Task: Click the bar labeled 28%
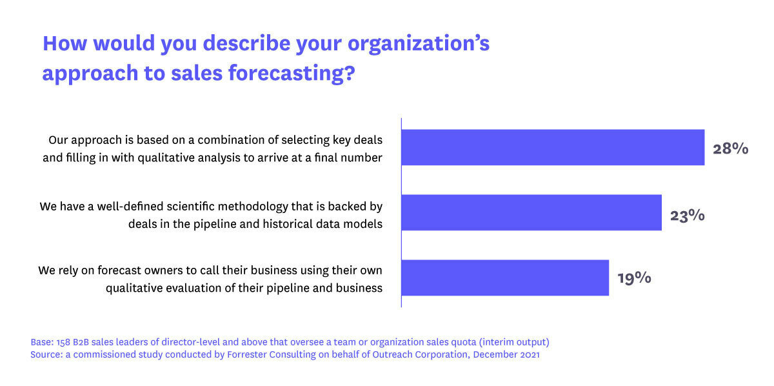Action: pyautogui.click(x=553, y=147)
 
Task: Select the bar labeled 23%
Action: pyautogui.click(x=531, y=212)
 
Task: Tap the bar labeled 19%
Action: pyautogui.click(x=505, y=278)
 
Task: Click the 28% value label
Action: pyautogui.click(x=730, y=148)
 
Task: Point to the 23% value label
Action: pyautogui.click(x=687, y=214)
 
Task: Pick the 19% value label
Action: pyautogui.click(x=634, y=278)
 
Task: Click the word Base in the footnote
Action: pyautogui.click(x=41, y=341)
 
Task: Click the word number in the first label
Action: pyautogui.click(x=362, y=157)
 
